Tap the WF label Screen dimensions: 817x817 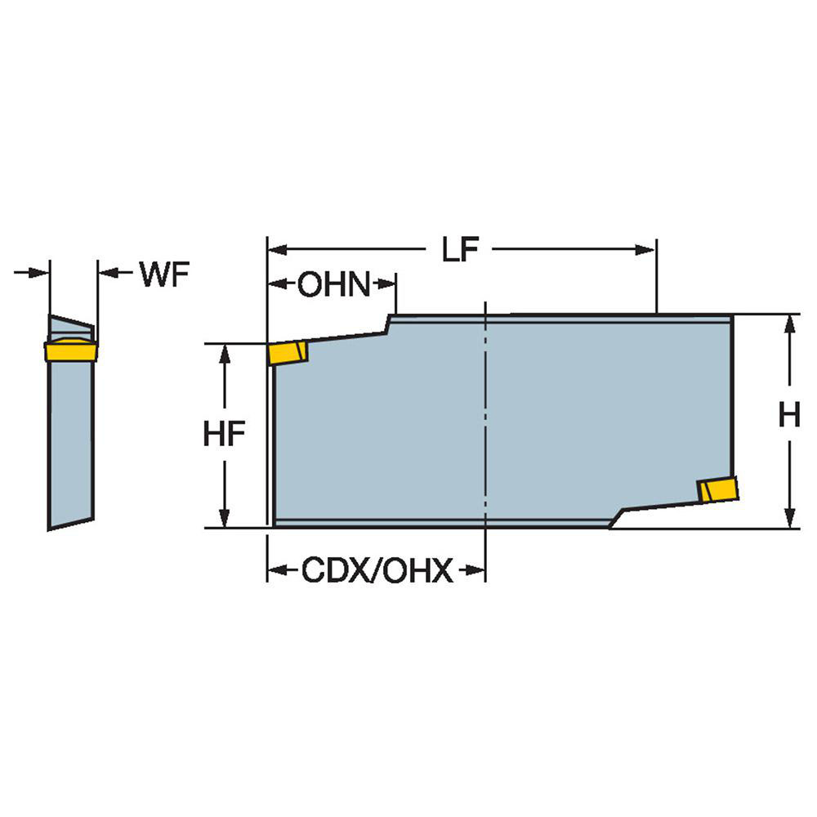(164, 275)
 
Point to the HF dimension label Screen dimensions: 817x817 (224, 435)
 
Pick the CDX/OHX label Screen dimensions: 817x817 (377, 571)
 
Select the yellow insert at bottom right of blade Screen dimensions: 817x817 (718, 489)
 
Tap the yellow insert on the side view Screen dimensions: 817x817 (71, 351)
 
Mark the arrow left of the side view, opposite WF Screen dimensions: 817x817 (40, 272)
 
